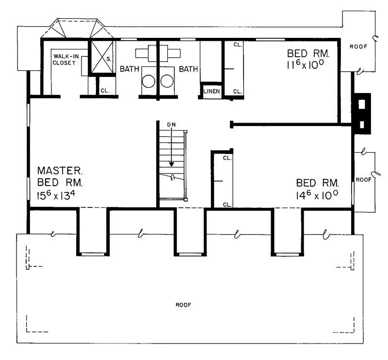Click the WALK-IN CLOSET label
66,61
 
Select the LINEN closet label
211,91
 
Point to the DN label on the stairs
171,125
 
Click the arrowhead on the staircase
171,164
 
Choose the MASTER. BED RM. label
60,177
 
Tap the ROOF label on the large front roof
183,305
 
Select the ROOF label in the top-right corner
358,47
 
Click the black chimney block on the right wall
361,112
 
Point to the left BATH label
129,69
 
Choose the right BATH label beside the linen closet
189,69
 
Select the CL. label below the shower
105,90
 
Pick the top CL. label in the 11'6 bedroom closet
237,45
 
